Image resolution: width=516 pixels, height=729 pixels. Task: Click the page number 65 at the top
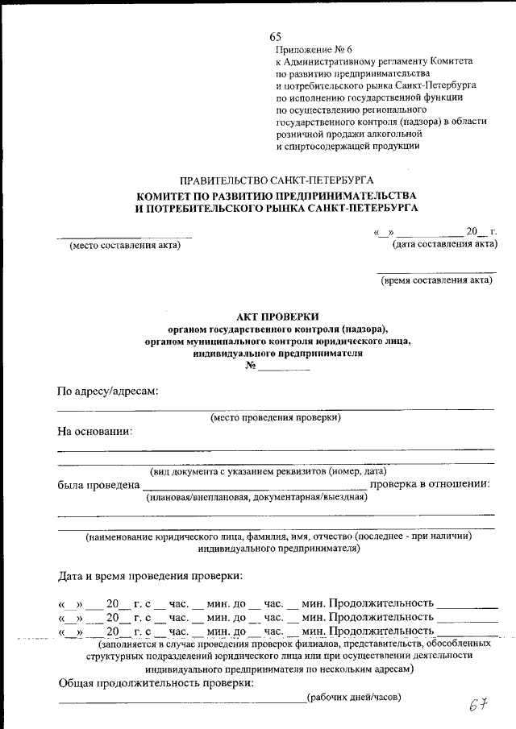click(276, 37)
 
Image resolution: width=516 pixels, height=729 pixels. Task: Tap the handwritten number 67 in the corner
click(480, 705)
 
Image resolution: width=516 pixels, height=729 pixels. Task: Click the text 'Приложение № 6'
click(309, 49)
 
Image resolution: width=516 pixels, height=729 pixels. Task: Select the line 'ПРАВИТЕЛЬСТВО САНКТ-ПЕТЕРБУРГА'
click(277, 180)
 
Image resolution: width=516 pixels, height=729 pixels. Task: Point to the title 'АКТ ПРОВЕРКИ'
click(277, 317)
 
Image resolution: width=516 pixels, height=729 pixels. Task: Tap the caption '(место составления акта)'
click(125, 246)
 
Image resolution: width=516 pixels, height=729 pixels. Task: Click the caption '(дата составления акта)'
click(444, 243)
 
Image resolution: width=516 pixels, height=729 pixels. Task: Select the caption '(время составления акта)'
click(436, 280)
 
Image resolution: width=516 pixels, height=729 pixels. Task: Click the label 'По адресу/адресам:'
click(106, 391)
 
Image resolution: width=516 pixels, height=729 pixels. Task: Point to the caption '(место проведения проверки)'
click(276, 416)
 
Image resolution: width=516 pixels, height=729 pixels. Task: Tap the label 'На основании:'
click(94, 431)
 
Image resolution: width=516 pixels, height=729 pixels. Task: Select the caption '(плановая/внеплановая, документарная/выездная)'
click(256, 497)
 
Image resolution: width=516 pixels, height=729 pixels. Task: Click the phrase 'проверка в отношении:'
click(430, 484)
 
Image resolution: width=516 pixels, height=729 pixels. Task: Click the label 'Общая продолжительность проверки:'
click(156, 682)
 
